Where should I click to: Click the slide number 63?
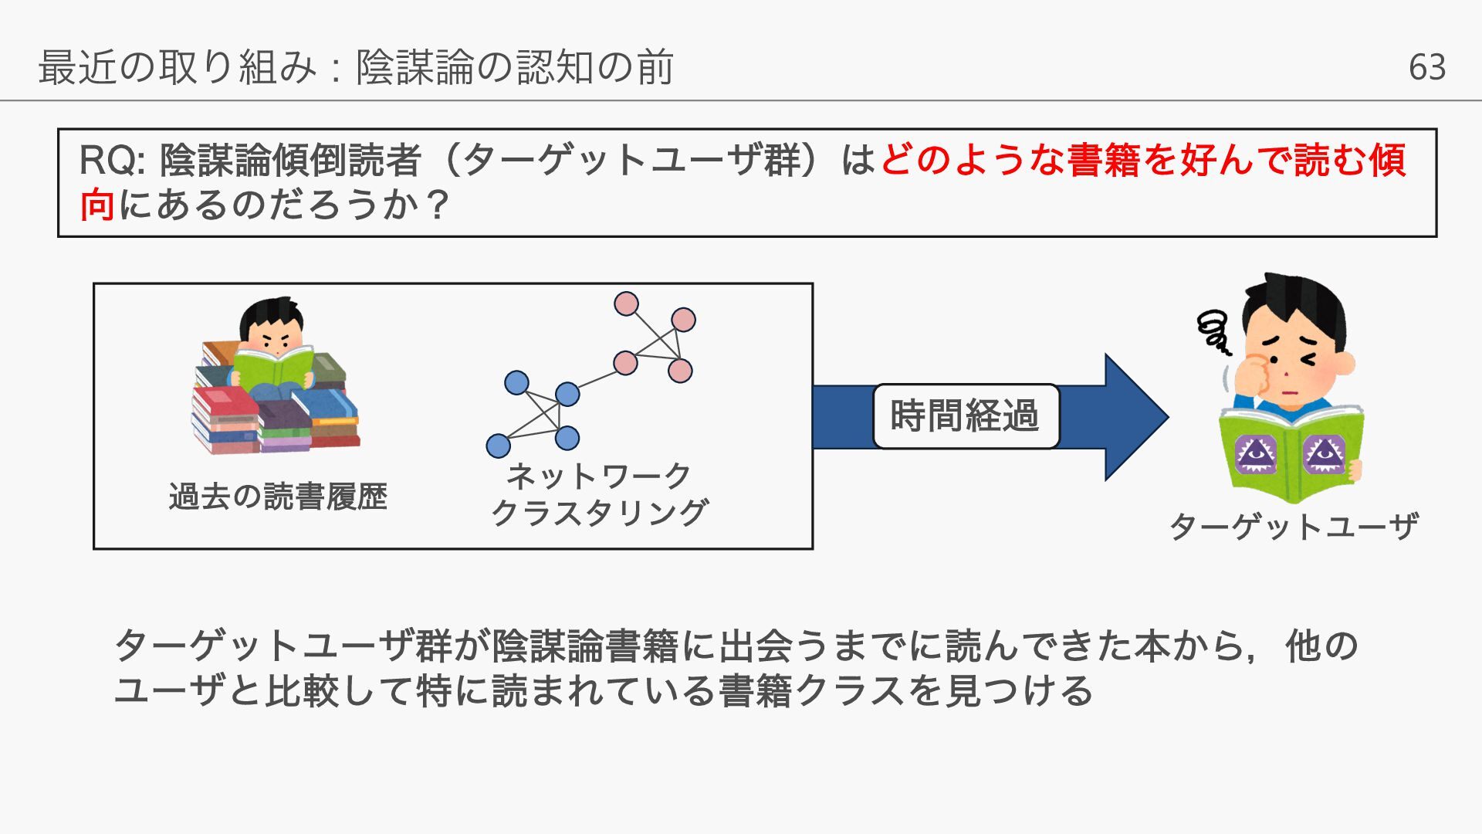[1426, 67]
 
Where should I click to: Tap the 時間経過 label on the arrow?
[966, 416]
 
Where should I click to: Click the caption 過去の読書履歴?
[278, 496]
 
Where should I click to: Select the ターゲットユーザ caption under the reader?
[1294, 527]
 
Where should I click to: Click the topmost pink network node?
[626, 303]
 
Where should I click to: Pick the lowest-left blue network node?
[499, 446]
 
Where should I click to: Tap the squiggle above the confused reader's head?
[1214, 331]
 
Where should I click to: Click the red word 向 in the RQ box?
[97, 205]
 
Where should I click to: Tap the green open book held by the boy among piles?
[274, 367]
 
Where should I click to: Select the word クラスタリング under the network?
[600, 512]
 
